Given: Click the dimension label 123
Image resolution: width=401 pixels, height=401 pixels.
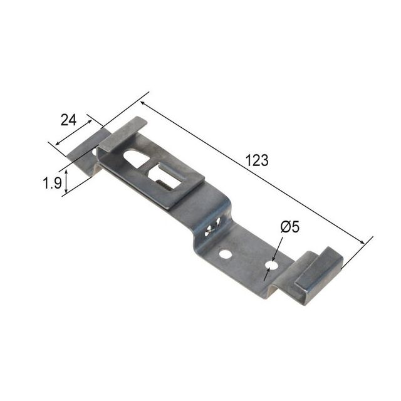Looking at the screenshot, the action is tap(257, 160).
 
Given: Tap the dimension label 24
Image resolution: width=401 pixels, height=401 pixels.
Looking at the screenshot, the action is tap(68, 120).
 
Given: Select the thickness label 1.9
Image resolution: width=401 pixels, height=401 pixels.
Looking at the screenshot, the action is tap(52, 183).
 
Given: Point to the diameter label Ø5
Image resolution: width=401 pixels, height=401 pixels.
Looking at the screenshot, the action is tap(289, 227).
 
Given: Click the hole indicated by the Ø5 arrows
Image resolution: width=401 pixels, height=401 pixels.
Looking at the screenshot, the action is tap(272, 264).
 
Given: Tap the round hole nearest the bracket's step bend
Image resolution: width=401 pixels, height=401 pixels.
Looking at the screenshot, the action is tap(226, 254).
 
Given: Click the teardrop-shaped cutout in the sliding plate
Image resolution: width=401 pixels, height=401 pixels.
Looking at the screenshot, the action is tap(137, 158).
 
